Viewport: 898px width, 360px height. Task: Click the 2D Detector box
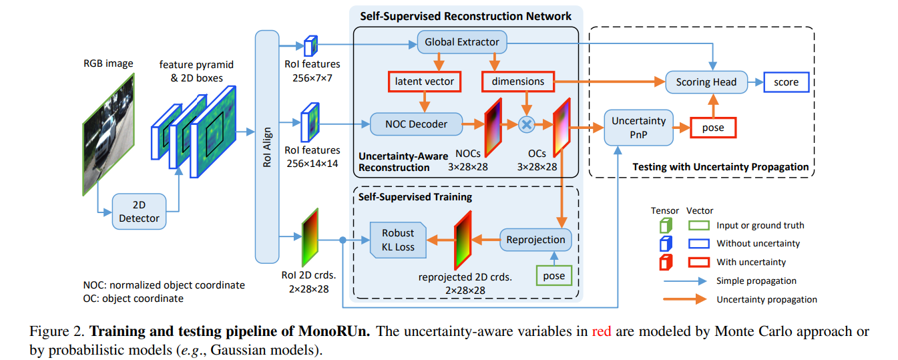click(139, 211)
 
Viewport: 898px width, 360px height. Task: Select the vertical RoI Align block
click(267, 146)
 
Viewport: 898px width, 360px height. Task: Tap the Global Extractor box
click(461, 42)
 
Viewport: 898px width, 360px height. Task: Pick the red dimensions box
click(517, 81)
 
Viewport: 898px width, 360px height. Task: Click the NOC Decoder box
click(416, 123)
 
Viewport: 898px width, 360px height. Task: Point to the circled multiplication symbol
click(527, 124)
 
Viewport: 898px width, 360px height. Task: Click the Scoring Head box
click(706, 81)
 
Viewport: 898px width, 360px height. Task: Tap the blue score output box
click(786, 81)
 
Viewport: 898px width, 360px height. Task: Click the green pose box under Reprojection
click(553, 276)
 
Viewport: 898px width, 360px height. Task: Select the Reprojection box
click(535, 239)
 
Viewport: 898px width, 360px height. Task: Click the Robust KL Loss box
click(398, 240)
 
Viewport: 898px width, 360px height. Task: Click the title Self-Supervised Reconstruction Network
click(465, 15)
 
